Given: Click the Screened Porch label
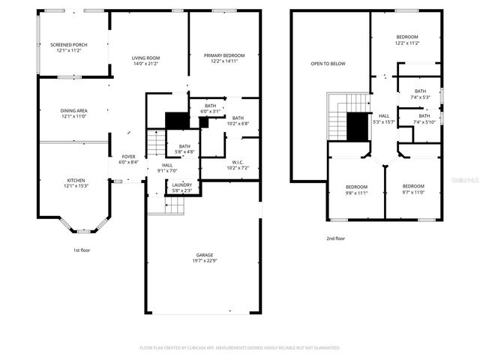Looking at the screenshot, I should pos(69,45).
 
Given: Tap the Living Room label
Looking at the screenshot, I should pos(146,58).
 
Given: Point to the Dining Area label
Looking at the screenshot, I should pos(74,111).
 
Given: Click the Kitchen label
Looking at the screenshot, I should pos(76,180).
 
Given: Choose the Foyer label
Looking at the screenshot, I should pos(128,157).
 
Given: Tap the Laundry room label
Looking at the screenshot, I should pos(181,185).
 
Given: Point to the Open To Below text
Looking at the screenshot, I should pos(328,64).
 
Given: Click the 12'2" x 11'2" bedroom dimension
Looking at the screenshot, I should pos(407,43).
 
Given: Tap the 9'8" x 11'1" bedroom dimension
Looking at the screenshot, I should pos(355,193).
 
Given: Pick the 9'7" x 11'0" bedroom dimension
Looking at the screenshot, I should pos(412,193).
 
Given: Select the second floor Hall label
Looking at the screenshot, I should pos(384,115).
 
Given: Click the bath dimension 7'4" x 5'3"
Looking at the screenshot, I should pos(420,97).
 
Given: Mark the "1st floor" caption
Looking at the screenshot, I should pos(80,250).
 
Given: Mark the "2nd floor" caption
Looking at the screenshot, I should pos(335,238).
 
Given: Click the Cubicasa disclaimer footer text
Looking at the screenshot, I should pos(240,348).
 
